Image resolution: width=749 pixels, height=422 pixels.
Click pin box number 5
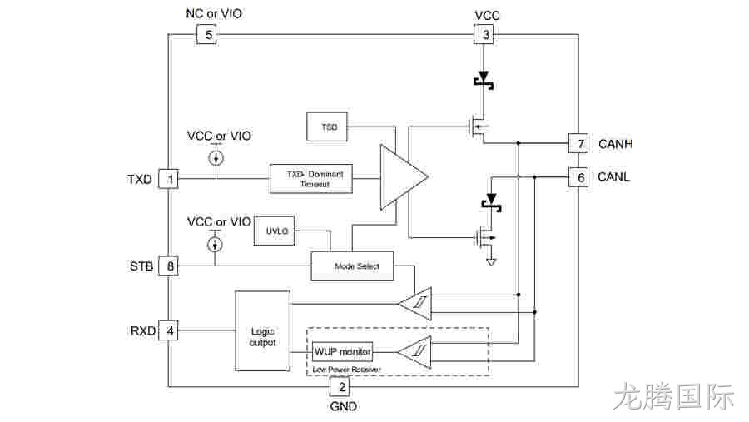tap(207, 34)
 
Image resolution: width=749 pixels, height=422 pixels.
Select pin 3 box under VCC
tap(484, 34)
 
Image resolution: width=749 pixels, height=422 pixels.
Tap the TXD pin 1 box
tap(168, 179)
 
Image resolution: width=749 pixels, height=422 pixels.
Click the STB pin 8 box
tap(168, 266)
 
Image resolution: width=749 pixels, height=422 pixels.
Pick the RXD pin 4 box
tap(168, 330)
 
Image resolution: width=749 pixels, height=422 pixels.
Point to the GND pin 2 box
tap(340, 387)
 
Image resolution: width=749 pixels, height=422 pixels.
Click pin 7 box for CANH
tap(578, 143)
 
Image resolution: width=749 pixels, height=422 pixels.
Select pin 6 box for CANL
tap(578, 177)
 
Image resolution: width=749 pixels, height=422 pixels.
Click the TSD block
tap(327, 127)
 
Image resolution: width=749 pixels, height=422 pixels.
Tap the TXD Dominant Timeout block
tap(311, 179)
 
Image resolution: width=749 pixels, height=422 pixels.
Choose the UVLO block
tap(274, 231)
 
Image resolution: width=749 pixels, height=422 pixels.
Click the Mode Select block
tap(353, 266)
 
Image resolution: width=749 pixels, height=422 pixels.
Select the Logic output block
tap(263, 330)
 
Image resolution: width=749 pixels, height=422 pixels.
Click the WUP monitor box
tap(342, 352)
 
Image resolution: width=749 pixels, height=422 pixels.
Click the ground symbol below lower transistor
tap(490, 262)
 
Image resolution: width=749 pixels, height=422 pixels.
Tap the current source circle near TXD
tap(216, 158)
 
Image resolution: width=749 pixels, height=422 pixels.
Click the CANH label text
tap(615, 144)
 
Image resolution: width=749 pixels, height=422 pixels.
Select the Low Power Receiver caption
tap(346, 370)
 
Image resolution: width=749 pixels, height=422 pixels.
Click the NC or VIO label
tap(214, 13)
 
